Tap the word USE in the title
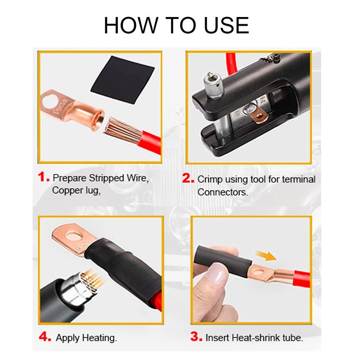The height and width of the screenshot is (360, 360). coord(226,26)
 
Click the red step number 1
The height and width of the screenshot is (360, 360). coord(44,177)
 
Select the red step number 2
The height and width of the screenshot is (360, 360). coord(188,178)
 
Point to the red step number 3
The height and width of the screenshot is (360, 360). coord(196,336)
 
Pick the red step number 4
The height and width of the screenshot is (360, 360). coord(45,337)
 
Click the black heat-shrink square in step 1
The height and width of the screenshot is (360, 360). coord(122,80)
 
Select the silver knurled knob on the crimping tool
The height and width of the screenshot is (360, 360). coord(213,86)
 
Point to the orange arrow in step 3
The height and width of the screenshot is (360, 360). coord(266,256)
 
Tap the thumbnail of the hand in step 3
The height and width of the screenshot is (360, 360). coord(216,274)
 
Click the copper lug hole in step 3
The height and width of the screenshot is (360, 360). coord(257,273)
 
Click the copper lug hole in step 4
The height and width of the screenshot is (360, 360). coord(74,236)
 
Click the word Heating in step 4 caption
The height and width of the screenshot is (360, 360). coord(99,338)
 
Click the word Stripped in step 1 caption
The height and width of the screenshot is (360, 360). coord(106,178)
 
